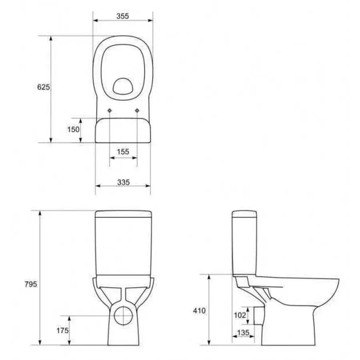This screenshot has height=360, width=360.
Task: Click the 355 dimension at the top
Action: click(x=122, y=16)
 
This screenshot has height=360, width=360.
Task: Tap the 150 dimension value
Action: click(x=73, y=130)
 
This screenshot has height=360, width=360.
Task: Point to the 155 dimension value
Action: click(x=123, y=152)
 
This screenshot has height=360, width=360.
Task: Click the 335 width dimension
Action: click(x=123, y=182)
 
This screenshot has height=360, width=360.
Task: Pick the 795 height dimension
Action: click(x=31, y=284)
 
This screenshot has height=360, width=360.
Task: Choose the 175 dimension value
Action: click(x=62, y=330)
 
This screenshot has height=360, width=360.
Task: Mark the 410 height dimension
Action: click(x=199, y=311)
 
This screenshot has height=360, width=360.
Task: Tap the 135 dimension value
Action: click(x=243, y=332)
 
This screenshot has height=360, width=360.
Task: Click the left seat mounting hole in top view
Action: click(x=110, y=110)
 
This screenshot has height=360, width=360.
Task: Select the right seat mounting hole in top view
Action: click(x=137, y=110)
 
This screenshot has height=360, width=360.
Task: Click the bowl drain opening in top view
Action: click(x=123, y=85)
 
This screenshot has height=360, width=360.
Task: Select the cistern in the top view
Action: click(x=123, y=130)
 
